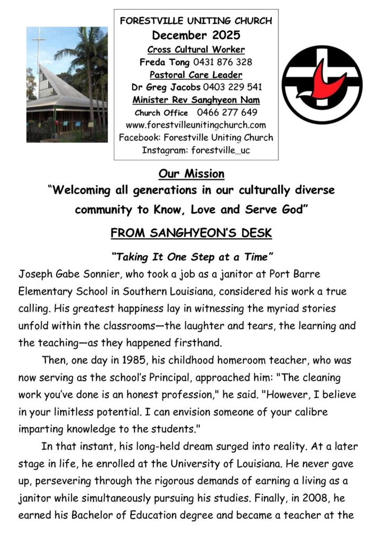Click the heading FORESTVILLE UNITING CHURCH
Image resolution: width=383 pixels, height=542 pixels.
coord(196,22)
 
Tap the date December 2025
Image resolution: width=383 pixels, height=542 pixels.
coord(196,36)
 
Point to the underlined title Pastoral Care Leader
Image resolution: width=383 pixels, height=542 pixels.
coord(196,74)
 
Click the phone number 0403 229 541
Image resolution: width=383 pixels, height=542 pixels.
coord(234,87)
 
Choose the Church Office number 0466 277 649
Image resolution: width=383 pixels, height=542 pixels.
coord(227,112)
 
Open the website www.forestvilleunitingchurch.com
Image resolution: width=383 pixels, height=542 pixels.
coord(196,125)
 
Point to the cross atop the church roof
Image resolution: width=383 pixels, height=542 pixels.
coord(39,41)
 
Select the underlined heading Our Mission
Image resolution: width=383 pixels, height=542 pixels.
coord(191,174)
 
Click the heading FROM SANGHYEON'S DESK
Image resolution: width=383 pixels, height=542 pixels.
coord(191,233)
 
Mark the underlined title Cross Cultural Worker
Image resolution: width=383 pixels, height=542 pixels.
coord(196,49)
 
